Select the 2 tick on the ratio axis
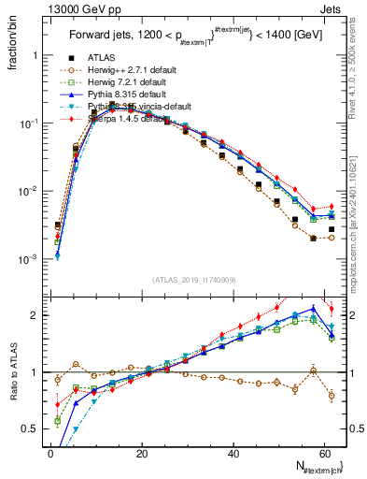[x=37, y=315]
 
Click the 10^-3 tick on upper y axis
[x=30, y=258]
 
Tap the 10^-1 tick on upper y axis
[x=30, y=123]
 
